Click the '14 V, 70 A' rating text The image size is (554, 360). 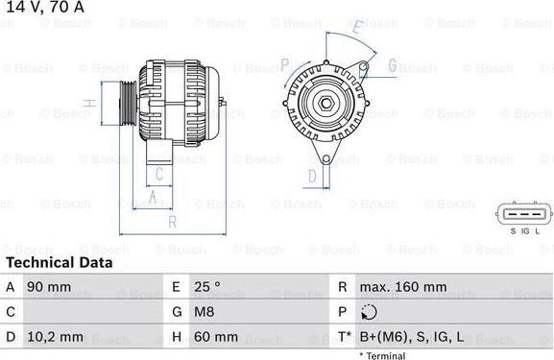(43, 8)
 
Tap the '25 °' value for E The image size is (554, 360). (207, 287)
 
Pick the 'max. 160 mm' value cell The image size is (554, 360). (402, 287)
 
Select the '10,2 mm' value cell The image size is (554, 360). (59, 337)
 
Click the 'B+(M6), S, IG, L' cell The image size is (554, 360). (412, 337)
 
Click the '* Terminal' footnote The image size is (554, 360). (382, 355)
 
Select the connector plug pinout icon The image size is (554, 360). (525, 215)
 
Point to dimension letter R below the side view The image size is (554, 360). (172, 223)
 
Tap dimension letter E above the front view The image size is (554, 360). (356, 29)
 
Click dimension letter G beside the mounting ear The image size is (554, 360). (392, 65)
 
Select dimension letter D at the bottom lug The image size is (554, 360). (312, 176)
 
